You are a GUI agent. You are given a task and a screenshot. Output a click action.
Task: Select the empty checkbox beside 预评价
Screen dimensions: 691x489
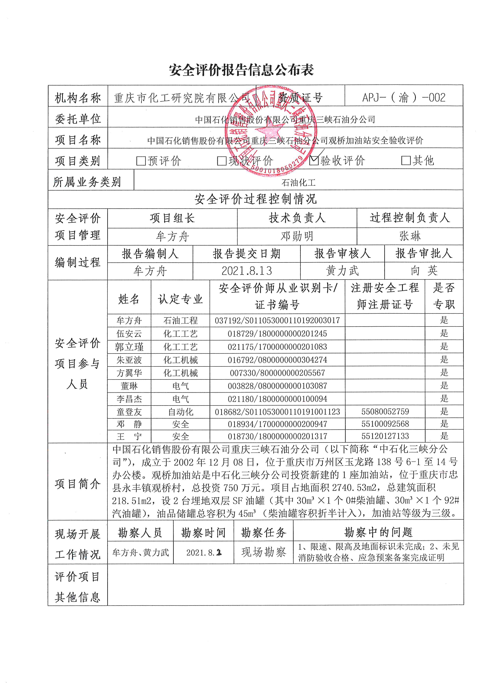click(x=141, y=161)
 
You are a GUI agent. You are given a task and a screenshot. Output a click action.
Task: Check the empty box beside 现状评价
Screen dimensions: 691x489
click(x=222, y=161)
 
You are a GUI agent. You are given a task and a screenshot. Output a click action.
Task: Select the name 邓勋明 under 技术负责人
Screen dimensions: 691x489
click(x=297, y=236)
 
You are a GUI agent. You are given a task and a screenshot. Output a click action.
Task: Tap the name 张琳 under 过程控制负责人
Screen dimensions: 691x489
click(x=410, y=236)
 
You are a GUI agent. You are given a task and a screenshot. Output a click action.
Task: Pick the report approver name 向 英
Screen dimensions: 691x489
click(x=424, y=271)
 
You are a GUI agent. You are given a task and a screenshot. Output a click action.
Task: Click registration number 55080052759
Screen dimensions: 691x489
click(x=385, y=411)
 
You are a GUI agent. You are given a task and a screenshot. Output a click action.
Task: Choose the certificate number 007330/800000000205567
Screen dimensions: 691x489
click(x=277, y=373)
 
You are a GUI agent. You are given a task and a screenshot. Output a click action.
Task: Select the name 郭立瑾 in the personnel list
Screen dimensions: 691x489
click(x=129, y=347)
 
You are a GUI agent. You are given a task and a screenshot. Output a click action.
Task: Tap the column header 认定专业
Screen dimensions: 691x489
click(x=180, y=299)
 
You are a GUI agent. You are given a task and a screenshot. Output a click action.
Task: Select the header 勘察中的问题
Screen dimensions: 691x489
click(x=378, y=532)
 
